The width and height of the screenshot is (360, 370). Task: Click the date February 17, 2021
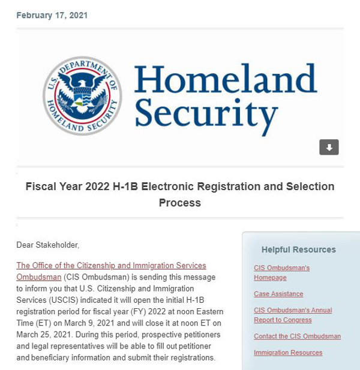(x=52, y=15)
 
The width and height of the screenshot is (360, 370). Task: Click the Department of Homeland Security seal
(x=82, y=96)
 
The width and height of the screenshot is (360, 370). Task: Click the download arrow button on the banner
(x=329, y=147)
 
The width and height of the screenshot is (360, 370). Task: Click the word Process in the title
(x=180, y=203)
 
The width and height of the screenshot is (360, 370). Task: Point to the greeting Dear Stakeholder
(x=47, y=245)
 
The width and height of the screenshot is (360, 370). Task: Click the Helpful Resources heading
(x=298, y=249)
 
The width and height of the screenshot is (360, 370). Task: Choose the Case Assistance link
(x=278, y=294)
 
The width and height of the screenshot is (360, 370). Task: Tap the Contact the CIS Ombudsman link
(x=297, y=336)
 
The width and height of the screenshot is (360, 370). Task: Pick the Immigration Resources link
(x=288, y=353)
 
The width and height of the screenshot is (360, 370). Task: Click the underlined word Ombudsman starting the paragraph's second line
(x=38, y=277)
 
